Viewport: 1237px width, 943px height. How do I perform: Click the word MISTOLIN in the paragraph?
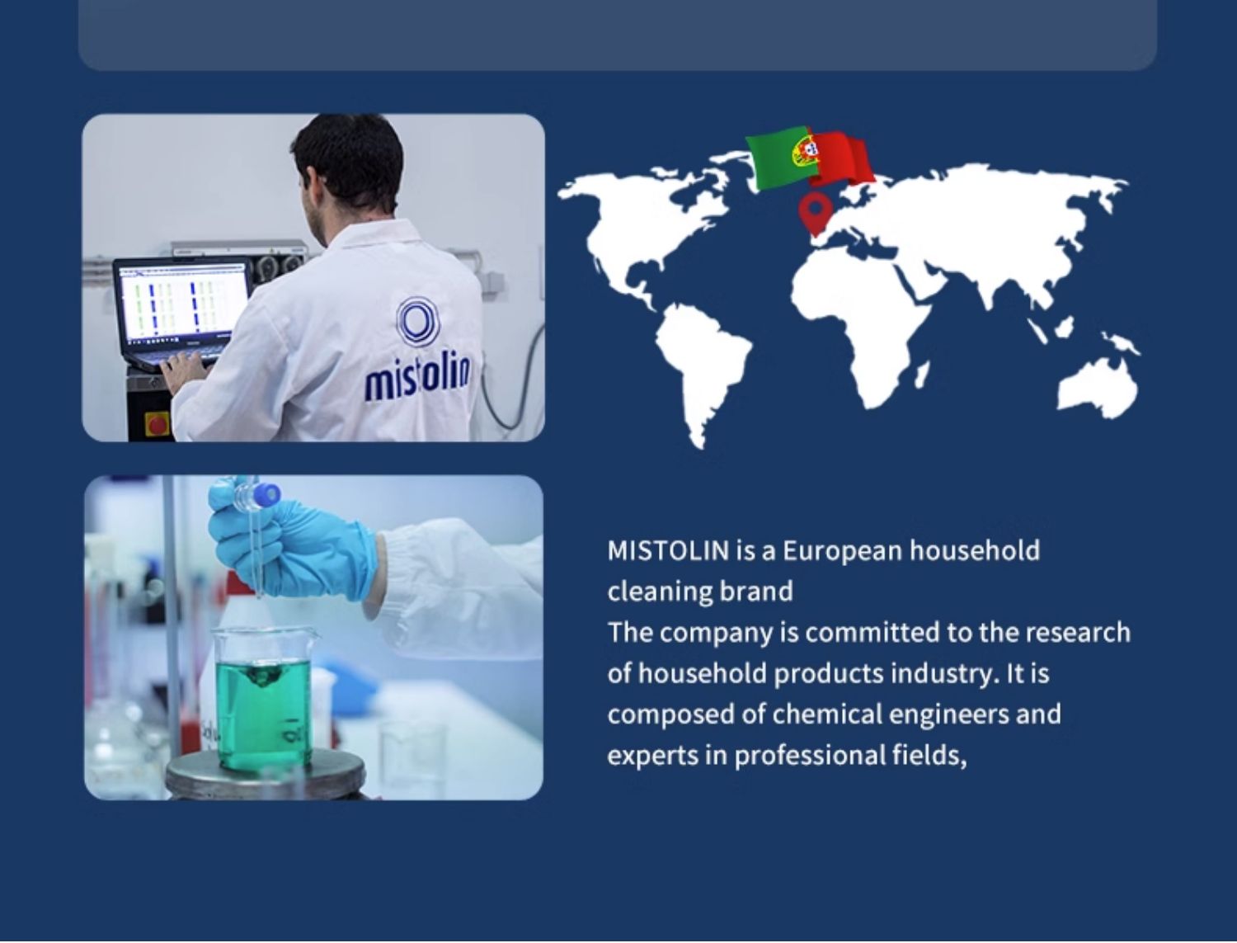[x=668, y=550]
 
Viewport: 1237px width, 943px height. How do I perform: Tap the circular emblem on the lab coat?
[x=417, y=321]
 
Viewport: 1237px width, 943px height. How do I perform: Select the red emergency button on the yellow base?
[x=158, y=424]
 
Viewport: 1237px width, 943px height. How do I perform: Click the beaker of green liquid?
[x=262, y=699]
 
